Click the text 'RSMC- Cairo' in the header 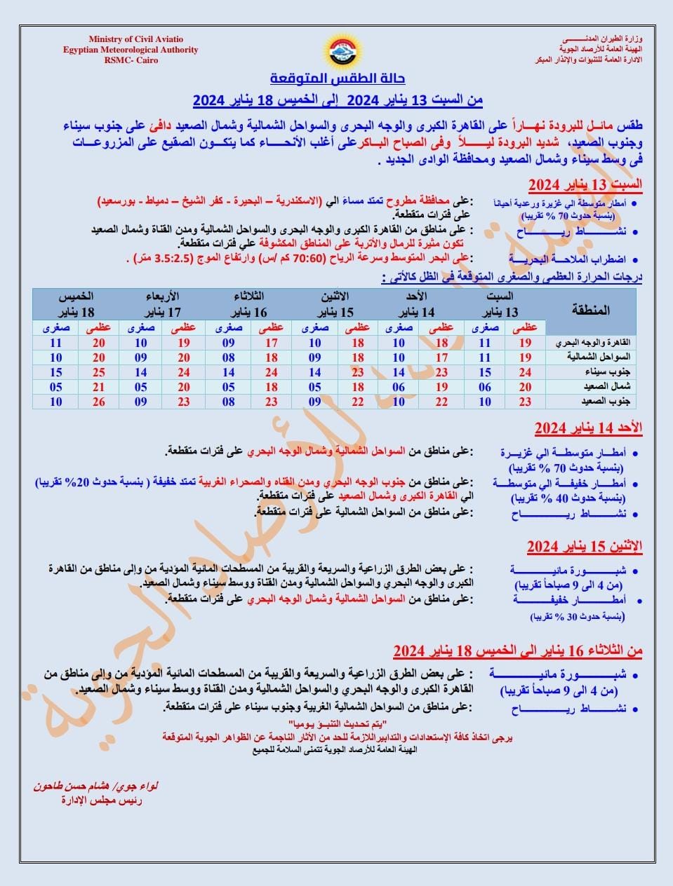(131, 60)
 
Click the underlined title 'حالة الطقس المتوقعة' (338, 78)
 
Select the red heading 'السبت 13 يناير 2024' (585, 185)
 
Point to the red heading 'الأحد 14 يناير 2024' (588, 428)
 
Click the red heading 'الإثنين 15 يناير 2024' (585, 547)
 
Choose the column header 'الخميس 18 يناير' (76, 304)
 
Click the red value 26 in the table (98, 402)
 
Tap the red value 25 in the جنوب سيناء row (98, 372)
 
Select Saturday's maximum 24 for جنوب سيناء (525, 372)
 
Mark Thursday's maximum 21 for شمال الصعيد (98, 387)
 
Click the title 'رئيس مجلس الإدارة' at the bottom (101, 800)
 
